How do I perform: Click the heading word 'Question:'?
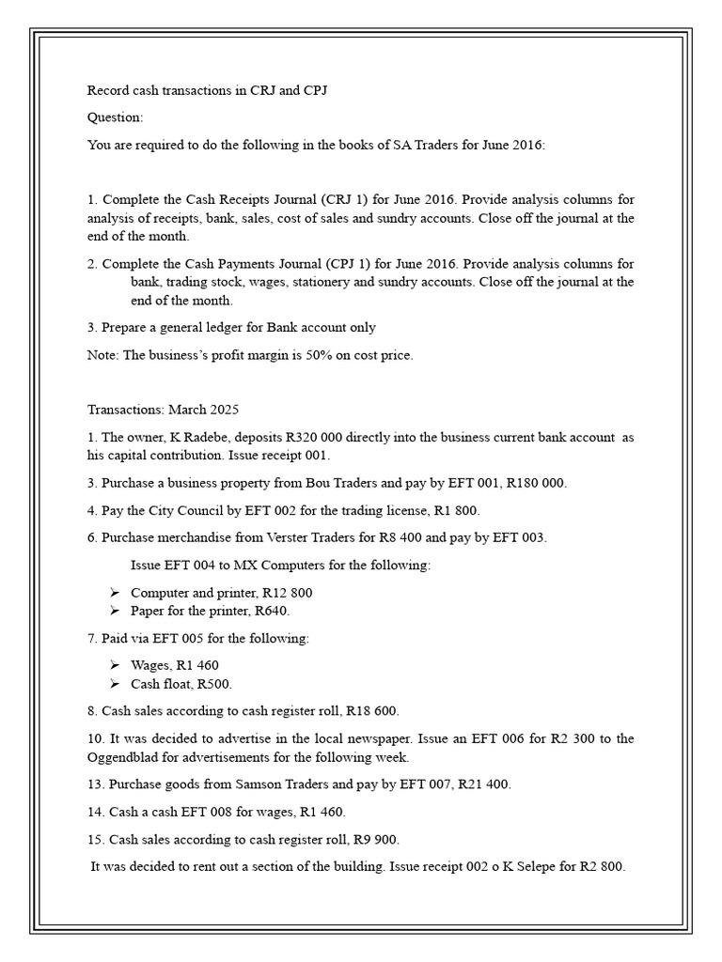coord(116,117)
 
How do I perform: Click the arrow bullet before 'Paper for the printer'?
coord(114,611)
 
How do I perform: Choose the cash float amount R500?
coord(215,683)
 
